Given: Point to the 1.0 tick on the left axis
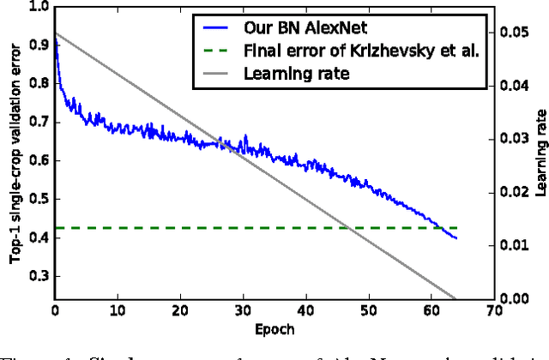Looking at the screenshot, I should click(37, 6).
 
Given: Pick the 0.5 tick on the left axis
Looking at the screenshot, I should click(37, 199).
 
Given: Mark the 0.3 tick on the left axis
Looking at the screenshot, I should click(37, 276).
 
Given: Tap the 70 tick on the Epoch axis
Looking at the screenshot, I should click(493, 310).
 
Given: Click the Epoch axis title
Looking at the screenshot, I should click(274, 328).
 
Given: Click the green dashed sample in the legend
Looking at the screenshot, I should click(214, 49).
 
